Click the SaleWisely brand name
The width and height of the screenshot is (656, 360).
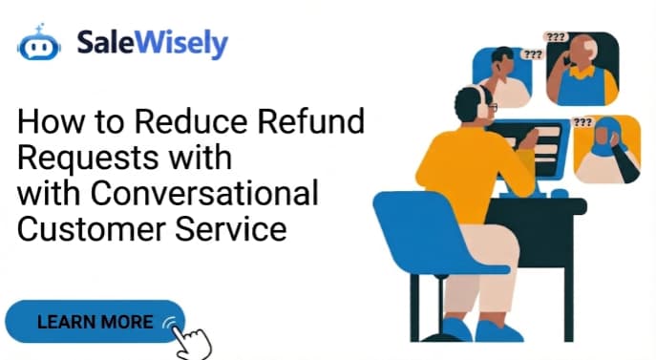pyautogui.click(x=154, y=44)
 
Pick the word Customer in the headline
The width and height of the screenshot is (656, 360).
pyautogui.click(x=86, y=229)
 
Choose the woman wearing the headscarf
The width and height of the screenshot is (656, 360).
pyautogui.click(x=606, y=148)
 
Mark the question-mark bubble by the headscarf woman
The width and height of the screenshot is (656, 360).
pyautogui.click(x=582, y=123)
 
